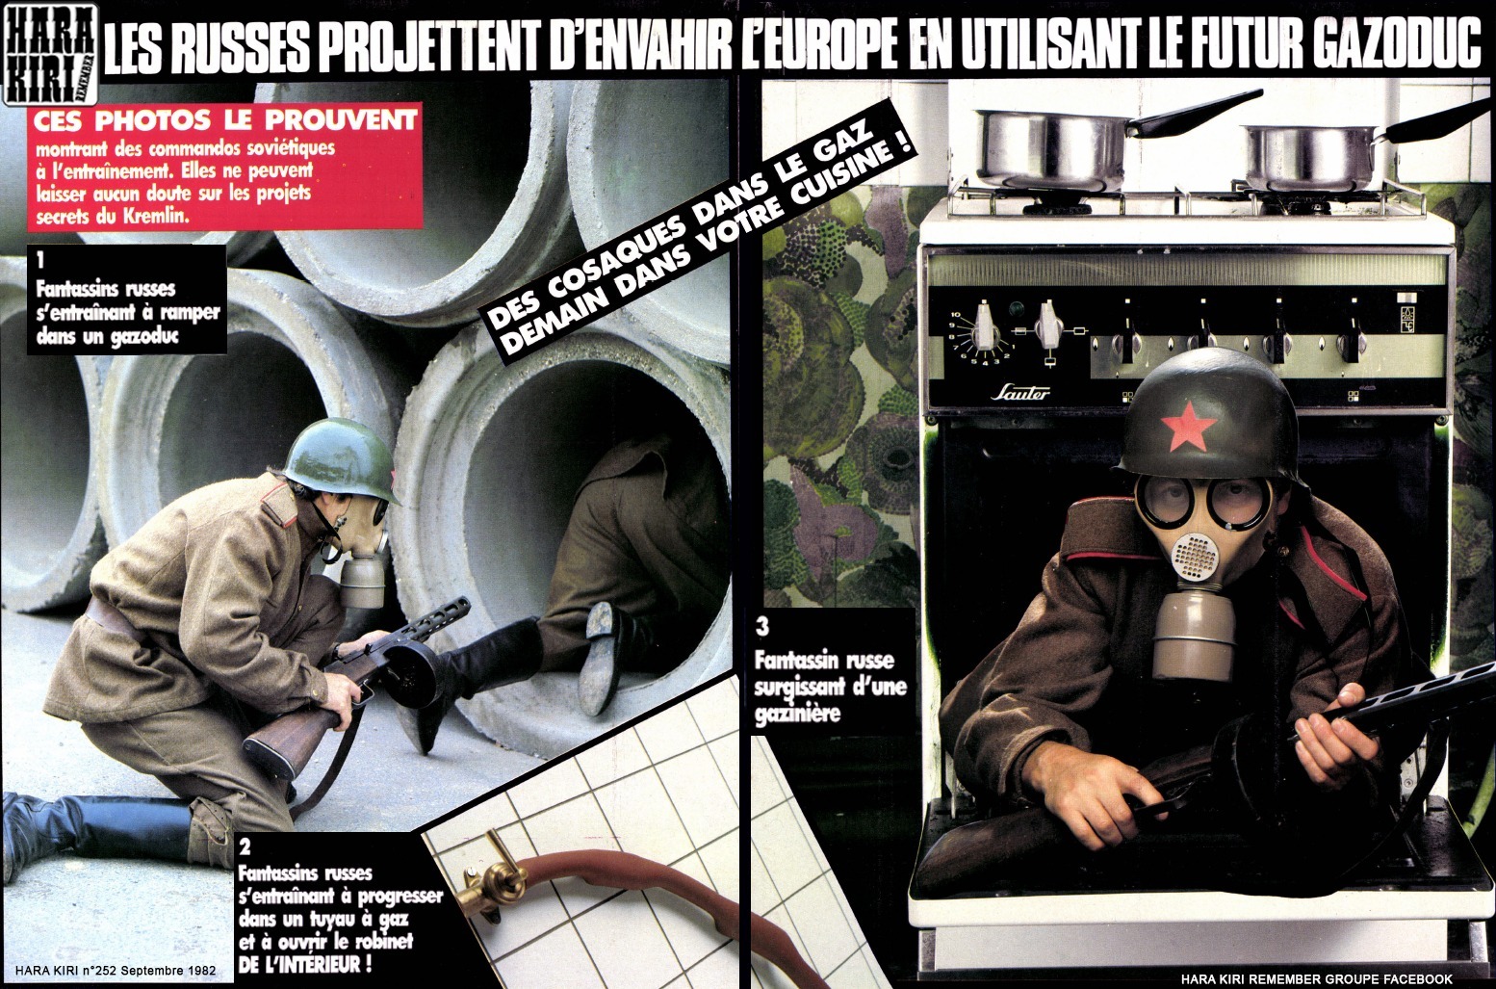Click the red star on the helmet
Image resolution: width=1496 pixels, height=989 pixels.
[1188, 424]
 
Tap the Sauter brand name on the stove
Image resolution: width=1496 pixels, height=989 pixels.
[1019, 392]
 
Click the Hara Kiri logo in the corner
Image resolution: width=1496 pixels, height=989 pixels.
[51, 55]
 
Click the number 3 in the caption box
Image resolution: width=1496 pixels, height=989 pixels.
[762, 626]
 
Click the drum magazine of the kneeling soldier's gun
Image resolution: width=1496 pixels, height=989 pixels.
[413, 674]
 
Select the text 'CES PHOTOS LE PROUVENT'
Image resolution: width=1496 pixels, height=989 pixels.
[225, 122]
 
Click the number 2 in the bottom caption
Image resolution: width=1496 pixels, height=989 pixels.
[245, 847]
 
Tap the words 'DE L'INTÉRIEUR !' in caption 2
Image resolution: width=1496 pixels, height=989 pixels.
[304, 964]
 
